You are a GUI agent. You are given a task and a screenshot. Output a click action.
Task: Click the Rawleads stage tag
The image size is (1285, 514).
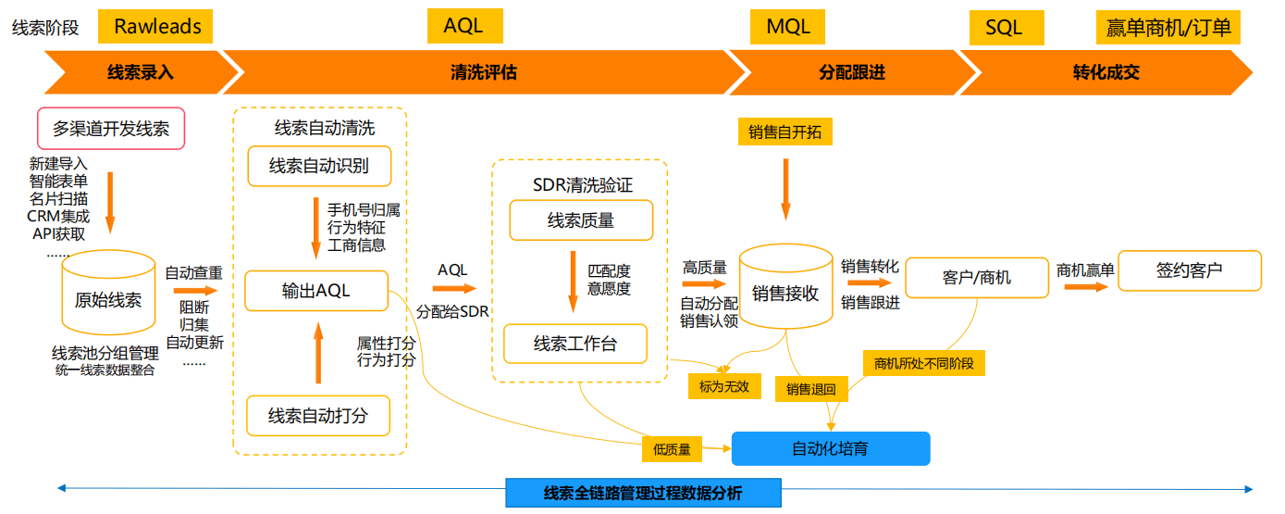coord(157,27)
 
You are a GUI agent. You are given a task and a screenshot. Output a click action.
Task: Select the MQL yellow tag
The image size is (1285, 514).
coord(788,27)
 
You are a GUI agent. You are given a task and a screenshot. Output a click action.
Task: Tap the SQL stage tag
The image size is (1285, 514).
coord(1005,28)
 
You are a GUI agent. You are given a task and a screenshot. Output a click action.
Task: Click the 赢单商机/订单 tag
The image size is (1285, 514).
coord(1168,28)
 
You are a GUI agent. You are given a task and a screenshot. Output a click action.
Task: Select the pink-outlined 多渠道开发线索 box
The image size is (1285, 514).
coord(111,129)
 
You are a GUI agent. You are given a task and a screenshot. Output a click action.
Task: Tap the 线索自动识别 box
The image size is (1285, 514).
coord(319,166)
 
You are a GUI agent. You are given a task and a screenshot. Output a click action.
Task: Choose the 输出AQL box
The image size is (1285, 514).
coord(316,291)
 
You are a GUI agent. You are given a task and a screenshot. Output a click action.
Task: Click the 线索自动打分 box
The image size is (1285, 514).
coord(318,415)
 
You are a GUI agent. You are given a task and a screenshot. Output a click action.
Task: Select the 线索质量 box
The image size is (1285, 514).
coord(581,220)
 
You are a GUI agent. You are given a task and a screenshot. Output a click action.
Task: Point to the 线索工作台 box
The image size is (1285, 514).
coord(575,345)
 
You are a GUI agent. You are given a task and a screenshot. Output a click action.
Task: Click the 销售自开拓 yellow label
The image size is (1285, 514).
coord(785,132)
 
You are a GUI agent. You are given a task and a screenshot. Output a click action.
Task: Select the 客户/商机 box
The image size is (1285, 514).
coord(977,277)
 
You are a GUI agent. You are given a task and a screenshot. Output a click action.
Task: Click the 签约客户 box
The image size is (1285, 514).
coord(1190,270)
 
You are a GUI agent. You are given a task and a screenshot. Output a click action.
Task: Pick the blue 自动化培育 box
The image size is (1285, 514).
coord(830,448)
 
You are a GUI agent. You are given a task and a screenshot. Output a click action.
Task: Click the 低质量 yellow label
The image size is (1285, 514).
coord(672,449)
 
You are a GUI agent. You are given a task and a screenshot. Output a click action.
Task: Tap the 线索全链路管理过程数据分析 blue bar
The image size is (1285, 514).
coord(643,493)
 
